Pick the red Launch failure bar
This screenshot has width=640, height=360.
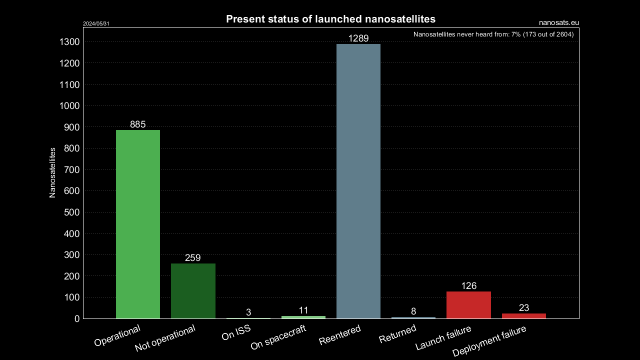click(468, 305)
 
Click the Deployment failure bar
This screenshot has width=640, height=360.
click(523, 316)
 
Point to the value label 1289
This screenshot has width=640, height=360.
click(358, 38)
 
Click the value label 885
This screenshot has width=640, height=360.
click(138, 124)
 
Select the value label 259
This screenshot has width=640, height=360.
click(193, 258)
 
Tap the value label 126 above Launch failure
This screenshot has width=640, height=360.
click(468, 286)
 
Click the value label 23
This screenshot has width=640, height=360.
click(523, 308)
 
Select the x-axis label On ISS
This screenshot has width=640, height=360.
click(236, 333)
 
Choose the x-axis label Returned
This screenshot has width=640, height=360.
click(397, 334)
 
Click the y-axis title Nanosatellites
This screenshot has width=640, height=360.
click(52, 172)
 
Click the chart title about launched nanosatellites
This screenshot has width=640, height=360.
click(330, 19)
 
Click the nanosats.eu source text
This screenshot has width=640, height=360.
click(559, 22)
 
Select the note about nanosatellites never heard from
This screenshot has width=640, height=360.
click(493, 34)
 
